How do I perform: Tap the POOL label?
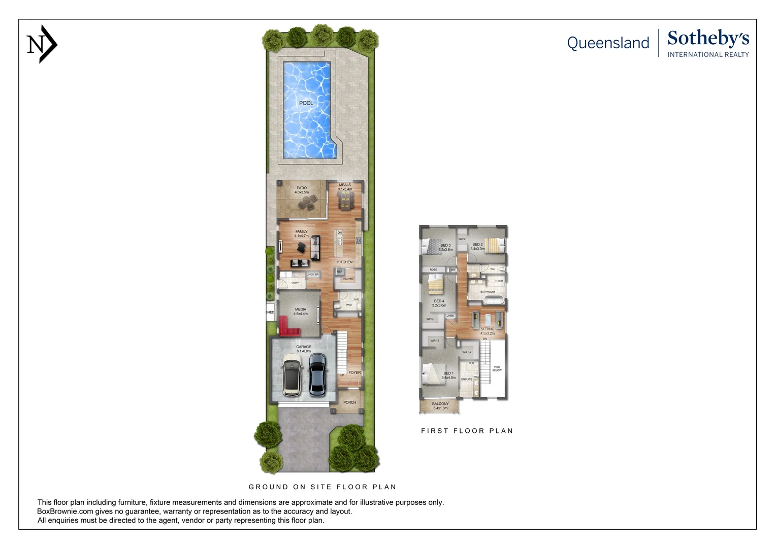(x=306, y=103)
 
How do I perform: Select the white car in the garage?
(x=292, y=374)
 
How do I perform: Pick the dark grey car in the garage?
(x=317, y=374)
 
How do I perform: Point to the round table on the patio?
(x=306, y=203)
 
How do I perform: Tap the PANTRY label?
(x=348, y=279)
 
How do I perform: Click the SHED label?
(x=270, y=313)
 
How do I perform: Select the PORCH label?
(x=349, y=402)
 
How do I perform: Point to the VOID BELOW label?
(x=497, y=368)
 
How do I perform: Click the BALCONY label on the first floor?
(x=440, y=404)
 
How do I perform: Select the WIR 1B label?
(x=435, y=340)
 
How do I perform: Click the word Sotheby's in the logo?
(x=708, y=39)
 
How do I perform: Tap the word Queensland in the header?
(x=608, y=43)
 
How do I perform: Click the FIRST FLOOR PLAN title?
(x=467, y=431)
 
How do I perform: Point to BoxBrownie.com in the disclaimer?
(x=65, y=511)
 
